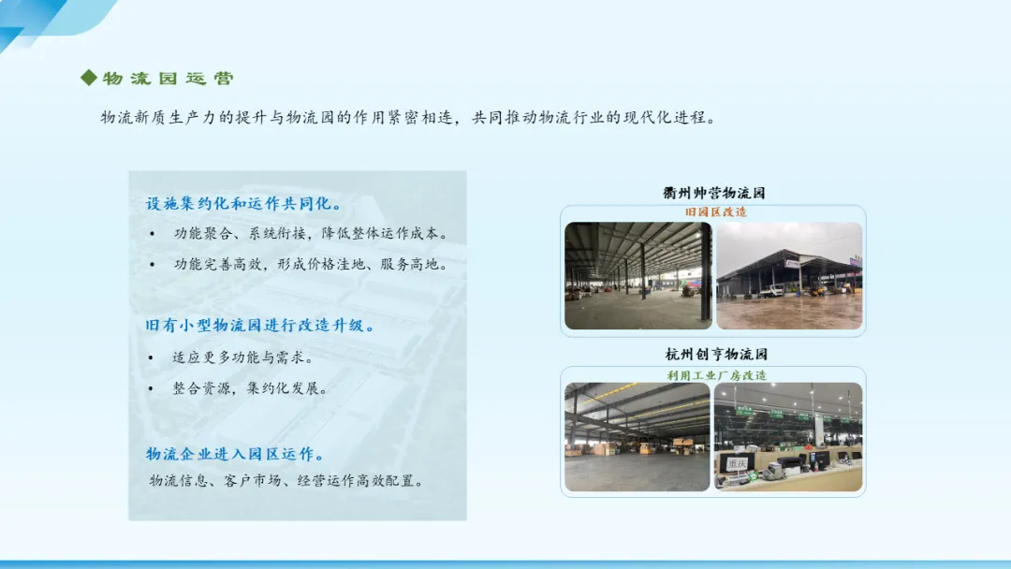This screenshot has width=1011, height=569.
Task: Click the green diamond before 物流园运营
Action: point(89,78)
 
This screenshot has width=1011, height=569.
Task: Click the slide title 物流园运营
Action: point(168,79)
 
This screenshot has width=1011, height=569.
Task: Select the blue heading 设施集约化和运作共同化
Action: point(242,204)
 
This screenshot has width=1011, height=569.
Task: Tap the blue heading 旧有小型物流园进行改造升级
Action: point(259,326)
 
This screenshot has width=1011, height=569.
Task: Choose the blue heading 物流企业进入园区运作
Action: point(234,454)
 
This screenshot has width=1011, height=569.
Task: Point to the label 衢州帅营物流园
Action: point(713,193)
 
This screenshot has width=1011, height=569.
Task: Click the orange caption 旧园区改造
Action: point(716,212)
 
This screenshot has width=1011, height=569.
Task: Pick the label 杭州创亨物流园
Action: point(716,354)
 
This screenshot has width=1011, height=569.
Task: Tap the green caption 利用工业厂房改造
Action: point(716,375)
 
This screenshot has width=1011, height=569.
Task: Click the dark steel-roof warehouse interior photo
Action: point(637,276)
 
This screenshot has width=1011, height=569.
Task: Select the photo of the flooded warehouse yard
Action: point(789,276)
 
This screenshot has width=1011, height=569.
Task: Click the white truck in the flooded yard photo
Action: point(771,291)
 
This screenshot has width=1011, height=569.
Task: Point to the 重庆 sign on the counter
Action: point(737,462)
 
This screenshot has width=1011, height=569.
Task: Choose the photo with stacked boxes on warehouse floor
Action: point(637,437)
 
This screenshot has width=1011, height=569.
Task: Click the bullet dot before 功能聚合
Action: point(153,234)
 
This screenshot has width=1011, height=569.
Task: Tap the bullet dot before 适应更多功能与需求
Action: point(151,357)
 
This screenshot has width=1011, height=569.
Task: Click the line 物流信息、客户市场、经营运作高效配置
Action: point(286,481)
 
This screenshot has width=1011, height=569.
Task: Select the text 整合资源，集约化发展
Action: point(250,388)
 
